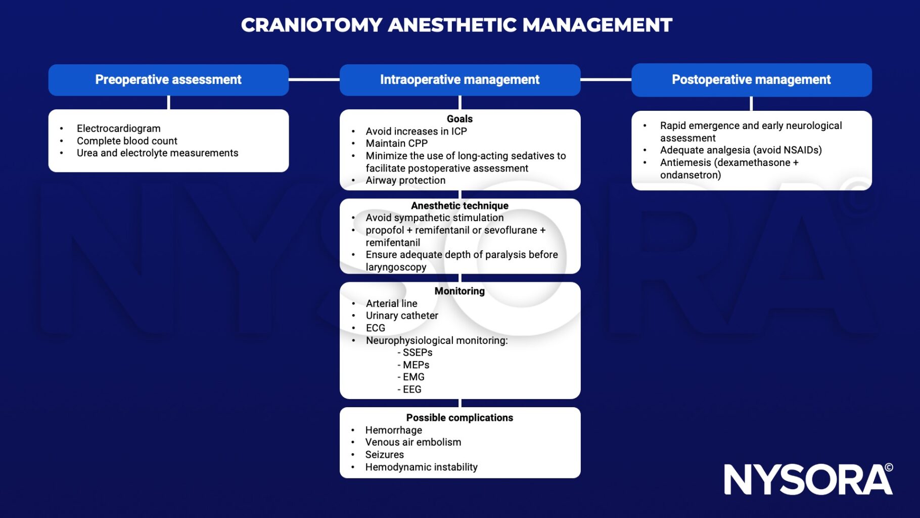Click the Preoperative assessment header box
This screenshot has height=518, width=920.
pos(168,80)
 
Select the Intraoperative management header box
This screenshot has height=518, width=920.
pos(459,80)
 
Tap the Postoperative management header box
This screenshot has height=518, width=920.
pos(751,80)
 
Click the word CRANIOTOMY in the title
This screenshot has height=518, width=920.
pos(311,25)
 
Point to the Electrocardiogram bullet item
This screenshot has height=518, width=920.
pos(118,128)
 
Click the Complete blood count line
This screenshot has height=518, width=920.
pos(127,141)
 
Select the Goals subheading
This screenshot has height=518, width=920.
pos(459,119)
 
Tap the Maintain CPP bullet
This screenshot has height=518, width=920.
pos(396,143)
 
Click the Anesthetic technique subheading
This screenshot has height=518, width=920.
pos(459,205)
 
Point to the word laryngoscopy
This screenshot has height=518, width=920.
pos(396,267)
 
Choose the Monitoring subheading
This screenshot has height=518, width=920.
pos(459,291)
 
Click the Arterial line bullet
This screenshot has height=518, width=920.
pos(391,304)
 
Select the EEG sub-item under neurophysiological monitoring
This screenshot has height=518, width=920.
pos(411,390)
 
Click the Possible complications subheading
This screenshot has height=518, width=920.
pos(459,418)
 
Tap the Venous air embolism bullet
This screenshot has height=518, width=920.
pos(413,442)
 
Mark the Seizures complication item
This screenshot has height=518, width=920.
pos(384,455)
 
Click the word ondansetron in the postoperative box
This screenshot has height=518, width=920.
pos(690,175)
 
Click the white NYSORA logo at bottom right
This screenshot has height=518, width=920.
pos(808,480)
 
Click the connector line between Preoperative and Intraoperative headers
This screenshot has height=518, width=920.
pos(314,79)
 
